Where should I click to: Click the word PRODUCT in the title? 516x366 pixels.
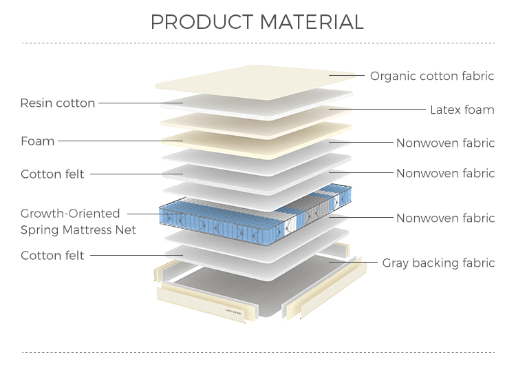(x=204, y=22)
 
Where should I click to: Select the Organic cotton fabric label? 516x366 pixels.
(x=432, y=76)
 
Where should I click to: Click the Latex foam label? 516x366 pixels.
(x=462, y=110)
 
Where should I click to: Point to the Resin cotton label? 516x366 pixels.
(x=57, y=103)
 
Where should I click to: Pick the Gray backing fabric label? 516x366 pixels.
(x=438, y=263)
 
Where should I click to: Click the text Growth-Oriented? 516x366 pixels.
(x=70, y=214)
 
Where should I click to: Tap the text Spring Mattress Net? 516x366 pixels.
(x=78, y=230)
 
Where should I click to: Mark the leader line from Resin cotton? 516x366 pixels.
(x=138, y=104)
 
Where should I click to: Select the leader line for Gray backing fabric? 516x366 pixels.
(x=354, y=263)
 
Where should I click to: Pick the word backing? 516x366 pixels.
(x=436, y=263)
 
